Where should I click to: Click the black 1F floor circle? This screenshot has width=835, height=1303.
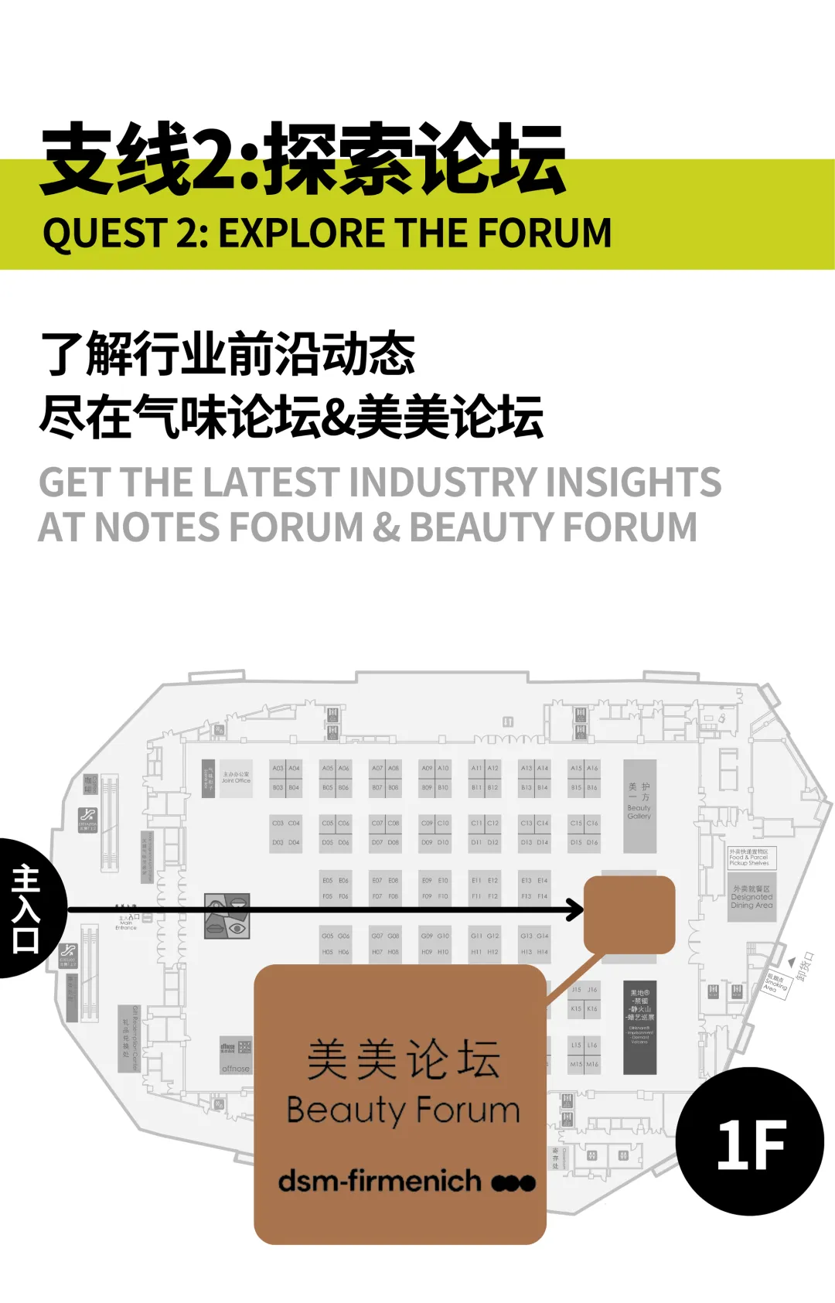click(749, 1141)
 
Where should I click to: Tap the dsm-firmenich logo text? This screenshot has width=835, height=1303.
click(379, 1181)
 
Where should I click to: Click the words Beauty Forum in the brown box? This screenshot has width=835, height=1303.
click(403, 1110)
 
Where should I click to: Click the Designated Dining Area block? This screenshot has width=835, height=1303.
click(751, 896)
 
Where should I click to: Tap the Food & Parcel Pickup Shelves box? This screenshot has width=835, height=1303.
click(750, 857)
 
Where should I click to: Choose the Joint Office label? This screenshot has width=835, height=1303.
click(236, 778)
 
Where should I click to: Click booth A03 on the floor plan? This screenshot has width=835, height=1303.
click(278, 768)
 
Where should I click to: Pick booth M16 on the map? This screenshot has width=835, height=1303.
click(592, 1064)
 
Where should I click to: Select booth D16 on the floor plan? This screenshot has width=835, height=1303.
click(592, 842)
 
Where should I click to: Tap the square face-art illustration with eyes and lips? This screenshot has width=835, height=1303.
click(227, 916)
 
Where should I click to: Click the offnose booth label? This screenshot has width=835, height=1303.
click(236, 1068)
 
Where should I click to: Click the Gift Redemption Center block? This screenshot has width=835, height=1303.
click(129, 1038)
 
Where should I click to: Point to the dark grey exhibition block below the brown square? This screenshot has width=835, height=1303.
click(639, 1027)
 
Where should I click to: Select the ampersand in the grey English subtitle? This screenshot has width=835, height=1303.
click(386, 527)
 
